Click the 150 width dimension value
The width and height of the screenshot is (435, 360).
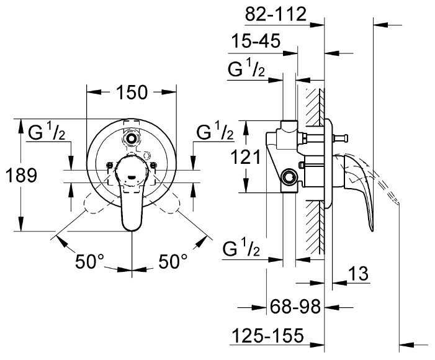(131, 92)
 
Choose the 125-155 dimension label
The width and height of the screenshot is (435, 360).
(267, 336)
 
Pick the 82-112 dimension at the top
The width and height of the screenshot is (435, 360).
(276, 14)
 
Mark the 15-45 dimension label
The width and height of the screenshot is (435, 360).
(256, 42)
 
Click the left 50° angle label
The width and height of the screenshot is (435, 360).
(89, 261)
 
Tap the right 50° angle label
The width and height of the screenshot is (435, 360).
(171, 261)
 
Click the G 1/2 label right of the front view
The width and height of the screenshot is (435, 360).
(215, 132)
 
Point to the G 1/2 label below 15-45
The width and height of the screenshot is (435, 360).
(246, 70)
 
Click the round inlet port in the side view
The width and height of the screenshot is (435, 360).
(287, 178)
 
